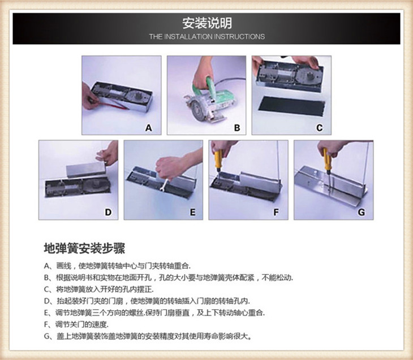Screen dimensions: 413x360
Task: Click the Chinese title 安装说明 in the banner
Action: (x=207, y=23)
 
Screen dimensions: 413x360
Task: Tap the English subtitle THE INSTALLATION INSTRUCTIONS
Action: (x=206, y=37)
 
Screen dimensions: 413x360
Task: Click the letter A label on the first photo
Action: (x=149, y=128)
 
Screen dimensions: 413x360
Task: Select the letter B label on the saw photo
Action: (x=237, y=128)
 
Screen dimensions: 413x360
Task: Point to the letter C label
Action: (x=319, y=128)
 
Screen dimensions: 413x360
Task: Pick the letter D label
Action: (x=108, y=212)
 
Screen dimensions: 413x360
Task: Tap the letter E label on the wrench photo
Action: (x=193, y=212)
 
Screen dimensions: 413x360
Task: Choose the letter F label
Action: (x=276, y=212)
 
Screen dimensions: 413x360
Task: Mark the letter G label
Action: (x=362, y=212)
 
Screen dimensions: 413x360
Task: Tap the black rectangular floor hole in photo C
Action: (x=291, y=106)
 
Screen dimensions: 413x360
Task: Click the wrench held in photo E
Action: (x=165, y=184)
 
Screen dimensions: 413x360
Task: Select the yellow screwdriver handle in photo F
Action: (x=218, y=159)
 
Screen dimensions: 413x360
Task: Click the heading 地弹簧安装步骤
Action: (x=84, y=249)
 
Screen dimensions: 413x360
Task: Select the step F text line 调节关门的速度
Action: (x=76, y=324)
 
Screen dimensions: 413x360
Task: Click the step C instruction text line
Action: (x=98, y=289)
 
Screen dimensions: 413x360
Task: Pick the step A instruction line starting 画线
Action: (x=117, y=266)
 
